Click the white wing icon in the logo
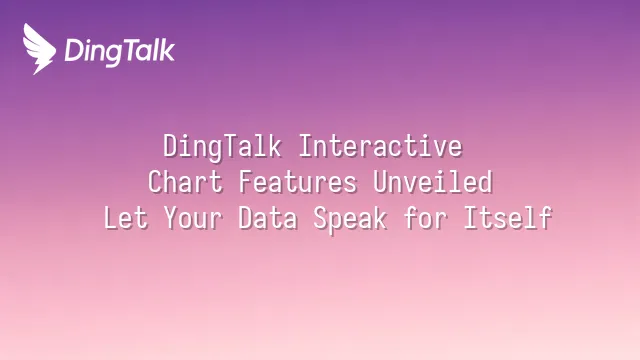coord(40,48)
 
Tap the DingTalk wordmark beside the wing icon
coord(119,51)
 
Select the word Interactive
coord(381,147)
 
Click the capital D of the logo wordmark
coord(73,50)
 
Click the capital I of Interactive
coord(306,147)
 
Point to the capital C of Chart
coord(155,183)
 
